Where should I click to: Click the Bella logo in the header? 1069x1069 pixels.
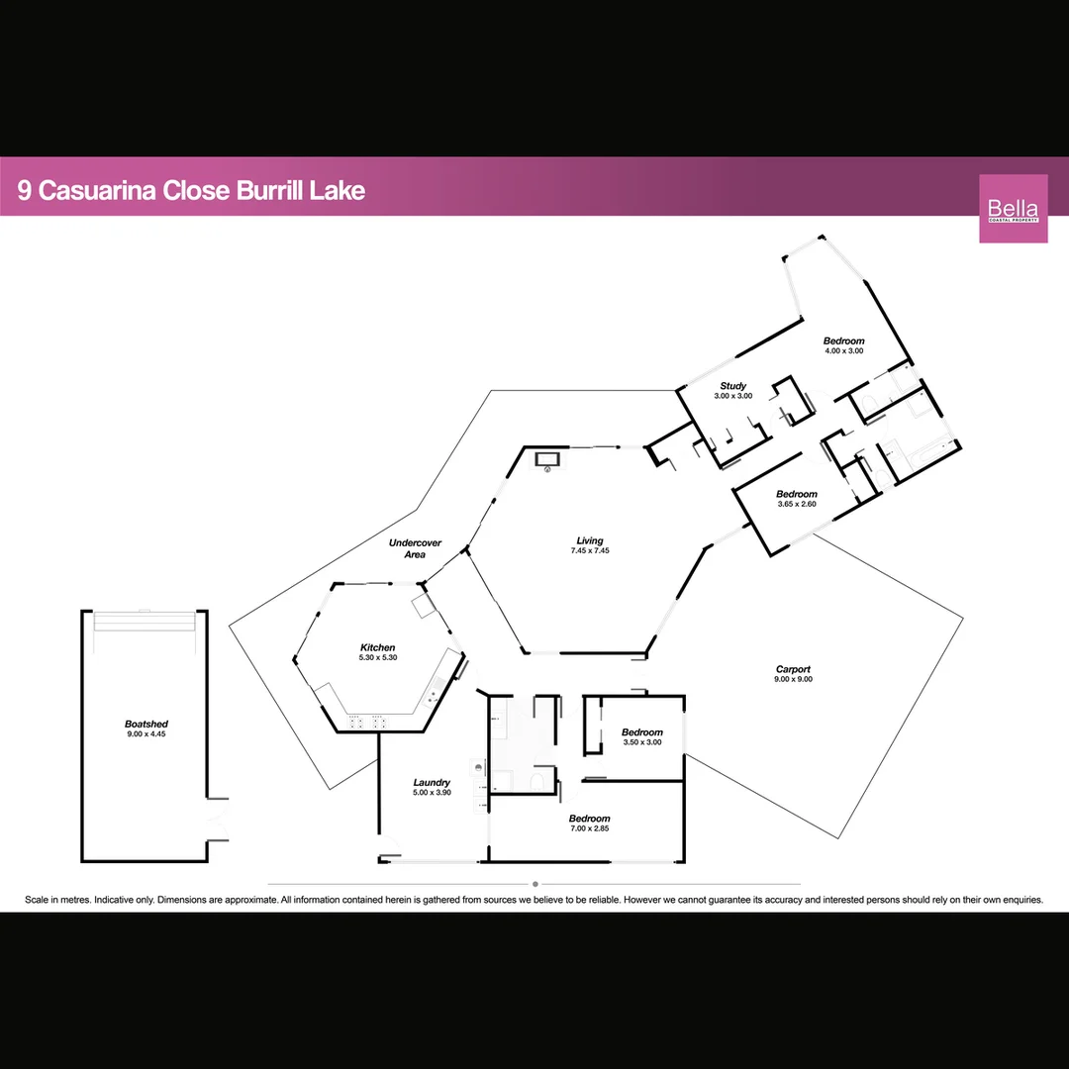[x=1013, y=208]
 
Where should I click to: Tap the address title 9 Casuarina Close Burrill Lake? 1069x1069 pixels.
[x=192, y=190]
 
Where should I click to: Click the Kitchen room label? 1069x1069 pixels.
[x=377, y=647]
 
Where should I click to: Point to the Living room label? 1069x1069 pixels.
[x=590, y=540]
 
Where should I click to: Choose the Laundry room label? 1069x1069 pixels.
[x=432, y=782]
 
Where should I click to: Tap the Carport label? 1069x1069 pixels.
[x=794, y=670]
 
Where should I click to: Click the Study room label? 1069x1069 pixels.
[x=732, y=386]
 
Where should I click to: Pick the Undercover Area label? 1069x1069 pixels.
[x=415, y=548]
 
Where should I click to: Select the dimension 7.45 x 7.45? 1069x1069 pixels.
[x=590, y=550]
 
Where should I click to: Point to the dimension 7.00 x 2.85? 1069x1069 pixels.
[x=589, y=828]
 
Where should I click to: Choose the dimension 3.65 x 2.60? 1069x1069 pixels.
[x=796, y=504]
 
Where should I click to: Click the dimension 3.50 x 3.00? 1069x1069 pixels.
[x=642, y=742]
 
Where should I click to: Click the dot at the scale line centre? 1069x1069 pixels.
[x=534, y=884]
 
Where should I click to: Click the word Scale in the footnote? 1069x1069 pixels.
[x=39, y=900]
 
